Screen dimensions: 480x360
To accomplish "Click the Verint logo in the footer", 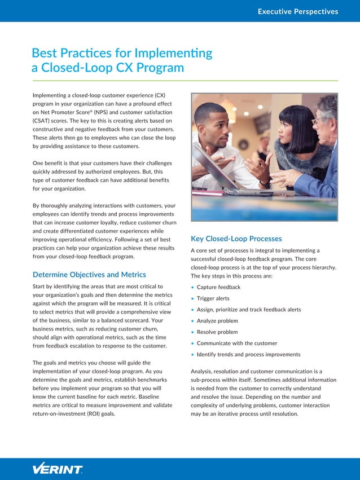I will tap(58, 469).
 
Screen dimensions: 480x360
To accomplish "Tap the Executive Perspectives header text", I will tap(297, 11).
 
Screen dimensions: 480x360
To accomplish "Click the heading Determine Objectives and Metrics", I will tap(89, 275).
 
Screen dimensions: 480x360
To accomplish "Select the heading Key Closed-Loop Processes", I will tap(236, 239).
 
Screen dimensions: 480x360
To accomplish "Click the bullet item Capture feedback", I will tap(218, 287).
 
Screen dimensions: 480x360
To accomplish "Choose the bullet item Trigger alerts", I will tap(213, 298).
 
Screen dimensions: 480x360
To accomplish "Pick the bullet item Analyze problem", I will tap(217, 321).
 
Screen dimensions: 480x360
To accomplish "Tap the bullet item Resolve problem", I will tap(217, 332).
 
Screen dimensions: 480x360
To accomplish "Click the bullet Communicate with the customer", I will tap(237, 343).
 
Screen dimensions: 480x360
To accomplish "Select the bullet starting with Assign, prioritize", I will tap(249, 310).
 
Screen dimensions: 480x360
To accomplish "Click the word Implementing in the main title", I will tap(173, 54).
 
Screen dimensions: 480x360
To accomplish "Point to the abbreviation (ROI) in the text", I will tap(91, 413).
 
